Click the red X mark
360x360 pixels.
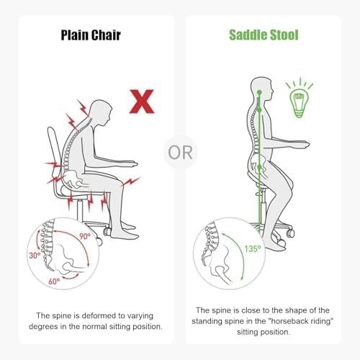click(142, 102)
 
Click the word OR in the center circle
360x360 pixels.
click(180, 153)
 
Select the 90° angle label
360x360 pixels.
click(85, 236)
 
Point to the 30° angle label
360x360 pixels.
click(35, 256)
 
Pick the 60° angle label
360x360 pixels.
click(54, 281)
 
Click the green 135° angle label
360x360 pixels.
click(253, 248)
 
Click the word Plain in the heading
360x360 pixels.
click(75, 35)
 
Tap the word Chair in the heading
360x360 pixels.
click(106, 35)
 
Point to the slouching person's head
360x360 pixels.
click(102, 112)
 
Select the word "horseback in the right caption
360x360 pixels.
click(288, 321)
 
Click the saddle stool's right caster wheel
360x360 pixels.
click(291, 233)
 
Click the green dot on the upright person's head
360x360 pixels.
click(259, 92)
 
